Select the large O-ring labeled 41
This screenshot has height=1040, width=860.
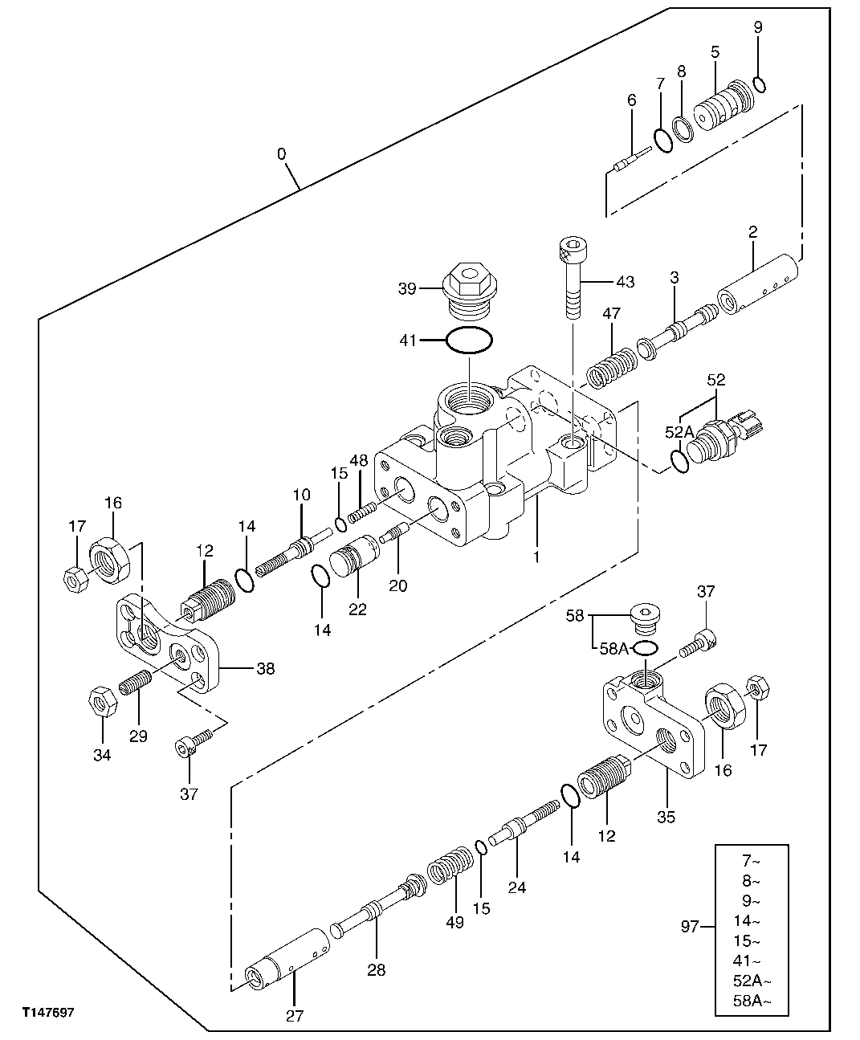click(468, 341)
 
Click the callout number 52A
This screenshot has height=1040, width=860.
click(679, 432)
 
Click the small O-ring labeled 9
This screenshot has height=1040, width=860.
click(759, 84)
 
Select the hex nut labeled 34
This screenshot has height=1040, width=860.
click(102, 703)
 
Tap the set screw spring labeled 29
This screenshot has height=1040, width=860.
click(136, 684)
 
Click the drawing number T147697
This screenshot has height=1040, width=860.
click(47, 1013)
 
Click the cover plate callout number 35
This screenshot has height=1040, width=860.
click(666, 818)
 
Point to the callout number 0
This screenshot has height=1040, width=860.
click(281, 153)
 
